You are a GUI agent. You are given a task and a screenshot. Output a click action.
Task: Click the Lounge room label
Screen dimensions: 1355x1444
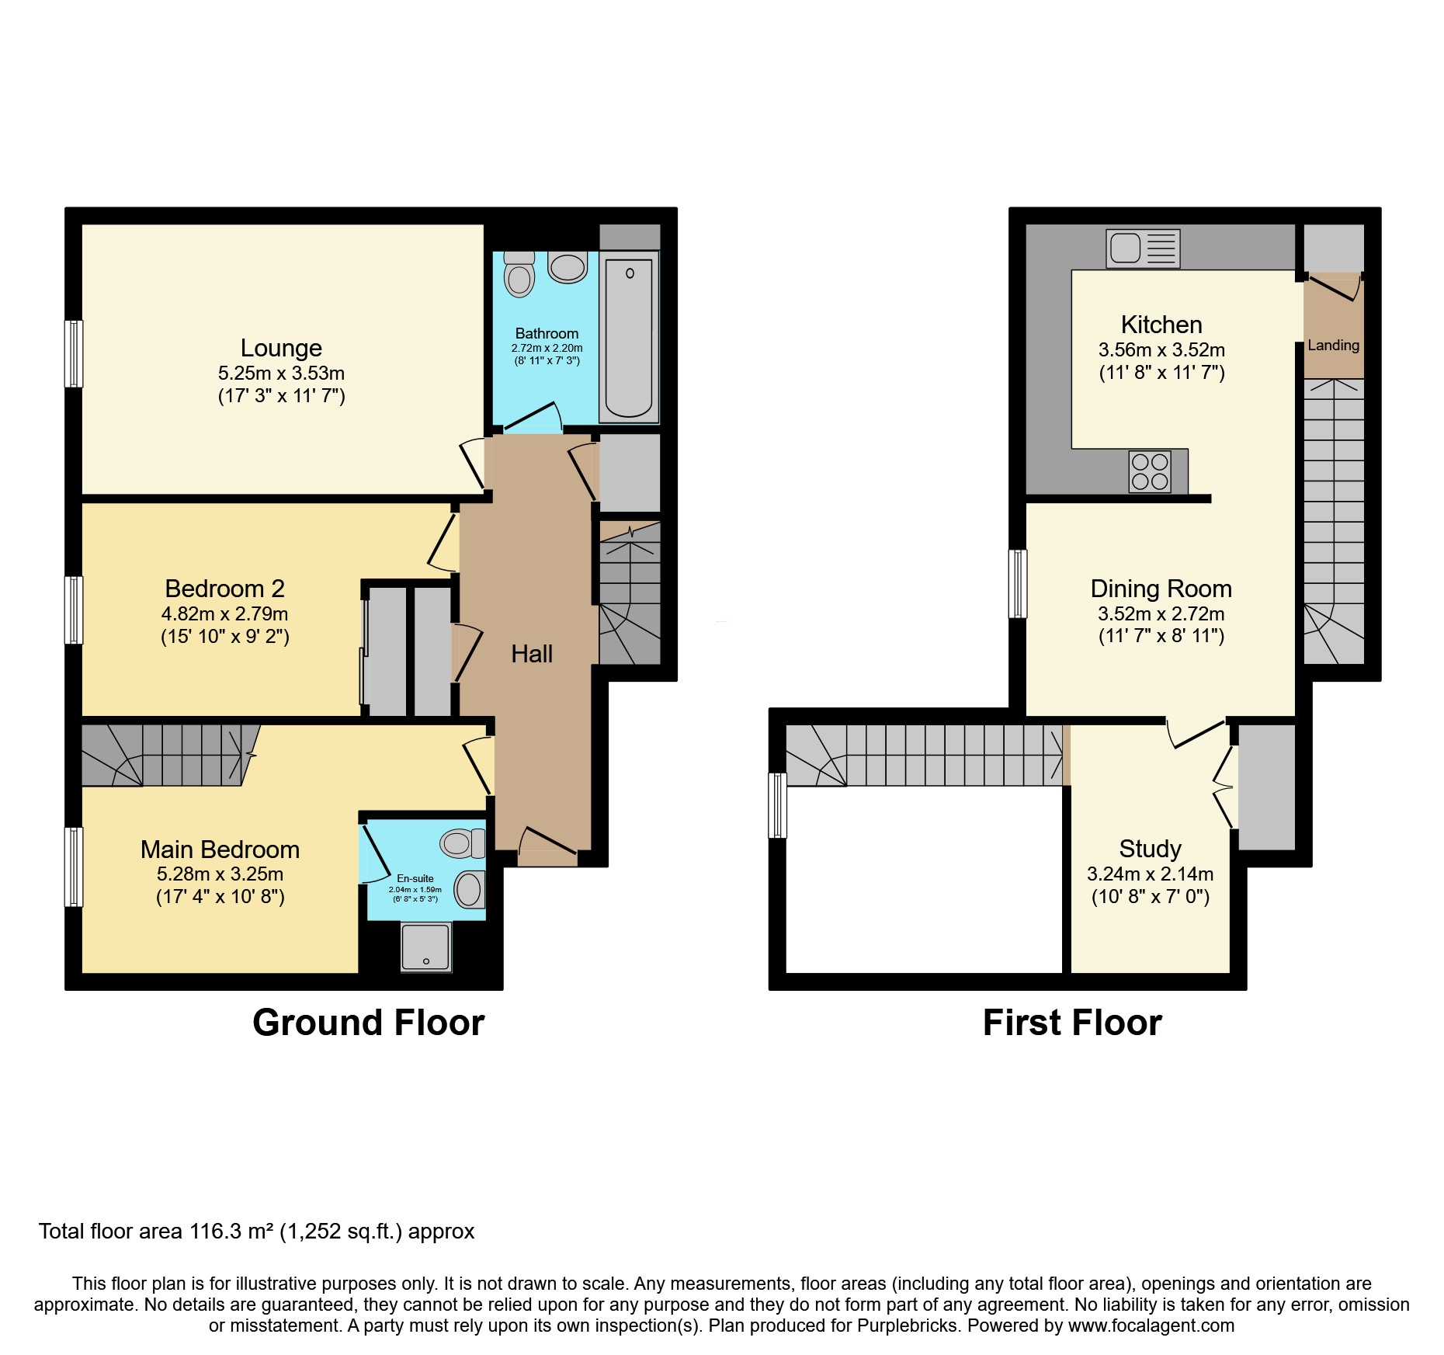[x=281, y=348]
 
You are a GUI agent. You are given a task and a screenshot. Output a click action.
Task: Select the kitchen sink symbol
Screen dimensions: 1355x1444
[x=1143, y=248]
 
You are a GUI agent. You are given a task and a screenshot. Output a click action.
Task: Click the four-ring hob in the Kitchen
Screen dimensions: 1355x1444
[x=1150, y=471]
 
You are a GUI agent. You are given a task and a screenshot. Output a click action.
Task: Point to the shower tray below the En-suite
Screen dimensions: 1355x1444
[x=426, y=946]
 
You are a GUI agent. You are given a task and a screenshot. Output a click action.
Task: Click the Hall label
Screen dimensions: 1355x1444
[x=532, y=654]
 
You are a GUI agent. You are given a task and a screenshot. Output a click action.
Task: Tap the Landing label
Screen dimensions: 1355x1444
[x=1333, y=346]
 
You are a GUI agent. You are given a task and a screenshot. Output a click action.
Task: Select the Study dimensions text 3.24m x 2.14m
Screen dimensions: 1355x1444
[x=1150, y=874]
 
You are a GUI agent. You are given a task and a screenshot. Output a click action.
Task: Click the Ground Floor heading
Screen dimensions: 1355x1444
[x=368, y=1023]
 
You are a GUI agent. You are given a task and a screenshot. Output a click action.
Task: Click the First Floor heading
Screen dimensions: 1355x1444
[x=1071, y=1023]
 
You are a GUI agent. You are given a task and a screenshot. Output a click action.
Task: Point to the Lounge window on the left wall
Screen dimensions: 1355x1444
[x=73, y=353]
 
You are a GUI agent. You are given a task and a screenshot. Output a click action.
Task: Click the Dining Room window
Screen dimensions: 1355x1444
[x=1017, y=584]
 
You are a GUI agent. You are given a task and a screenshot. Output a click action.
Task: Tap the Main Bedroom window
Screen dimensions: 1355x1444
[x=73, y=867]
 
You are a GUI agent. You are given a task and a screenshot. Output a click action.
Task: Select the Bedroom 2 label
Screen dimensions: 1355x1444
[x=224, y=589]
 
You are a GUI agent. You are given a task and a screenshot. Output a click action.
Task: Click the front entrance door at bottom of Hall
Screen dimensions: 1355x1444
[x=547, y=848]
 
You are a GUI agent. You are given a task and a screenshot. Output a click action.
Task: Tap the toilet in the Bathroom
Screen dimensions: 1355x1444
[x=519, y=276]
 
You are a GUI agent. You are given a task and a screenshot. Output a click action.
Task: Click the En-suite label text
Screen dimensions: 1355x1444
[x=415, y=878]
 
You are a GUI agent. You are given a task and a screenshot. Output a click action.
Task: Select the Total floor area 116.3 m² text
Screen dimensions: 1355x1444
[x=256, y=1232]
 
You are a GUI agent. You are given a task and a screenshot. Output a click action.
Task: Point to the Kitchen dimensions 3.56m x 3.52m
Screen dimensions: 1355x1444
[x=1161, y=349]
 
